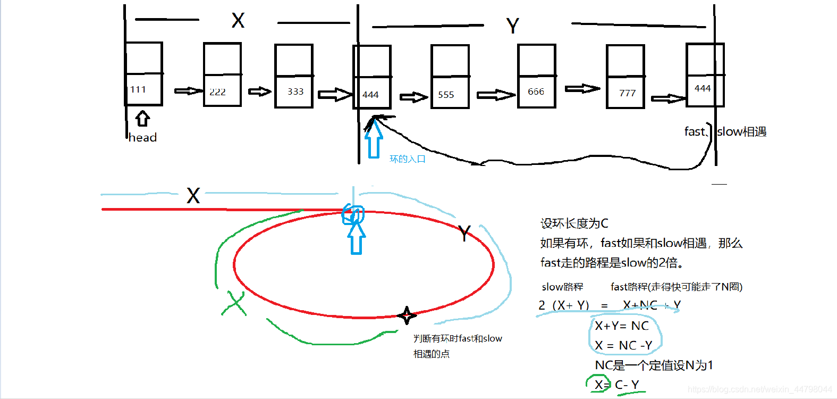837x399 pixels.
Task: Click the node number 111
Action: pos(138,89)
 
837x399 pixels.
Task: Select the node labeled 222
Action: pos(217,92)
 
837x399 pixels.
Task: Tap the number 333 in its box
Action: pos(295,92)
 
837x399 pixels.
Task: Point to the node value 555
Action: pos(446,95)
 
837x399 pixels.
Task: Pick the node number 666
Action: pos(536,92)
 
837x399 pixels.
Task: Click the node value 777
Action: pos(627,93)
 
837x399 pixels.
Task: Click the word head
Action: pos(142,137)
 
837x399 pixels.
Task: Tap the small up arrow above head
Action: pos(142,118)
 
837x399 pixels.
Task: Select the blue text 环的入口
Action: pos(407,159)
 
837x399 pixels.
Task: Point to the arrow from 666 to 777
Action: pos(582,88)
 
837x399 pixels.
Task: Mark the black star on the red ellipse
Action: pos(407,315)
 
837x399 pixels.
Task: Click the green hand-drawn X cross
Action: pos(234,304)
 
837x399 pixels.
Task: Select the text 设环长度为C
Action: pos(574,223)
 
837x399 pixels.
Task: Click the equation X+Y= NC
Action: pos(621,326)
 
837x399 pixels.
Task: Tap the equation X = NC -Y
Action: pos(623,345)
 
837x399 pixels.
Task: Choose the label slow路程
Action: pos(562,287)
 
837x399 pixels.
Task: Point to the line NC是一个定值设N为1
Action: pos(654,365)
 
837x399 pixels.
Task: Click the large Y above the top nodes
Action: pos(512,26)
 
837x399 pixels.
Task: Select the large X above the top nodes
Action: pos(238,21)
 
